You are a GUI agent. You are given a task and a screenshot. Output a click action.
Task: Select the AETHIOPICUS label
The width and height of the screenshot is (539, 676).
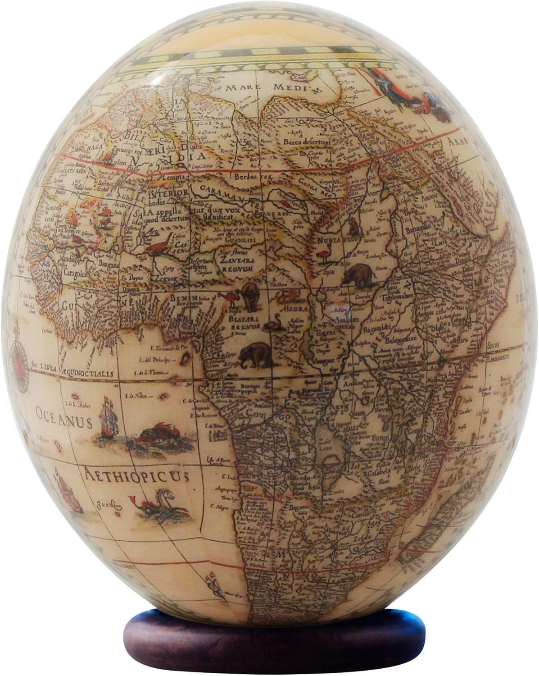point(135,474)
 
